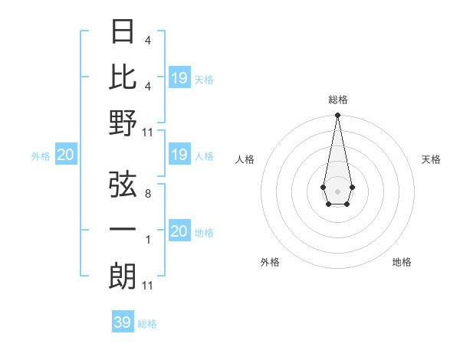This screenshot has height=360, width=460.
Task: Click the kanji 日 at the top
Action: click(x=123, y=31)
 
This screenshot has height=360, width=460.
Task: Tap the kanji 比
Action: click(x=123, y=77)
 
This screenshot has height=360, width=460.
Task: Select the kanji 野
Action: click(x=123, y=123)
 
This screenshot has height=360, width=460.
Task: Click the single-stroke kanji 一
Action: click(x=123, y=231)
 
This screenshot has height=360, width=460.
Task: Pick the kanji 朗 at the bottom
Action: click(x=123, y=276)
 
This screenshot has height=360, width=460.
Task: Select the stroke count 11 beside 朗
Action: click(x=148, y=286)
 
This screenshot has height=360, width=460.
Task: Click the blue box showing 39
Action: click(x=123, y=322)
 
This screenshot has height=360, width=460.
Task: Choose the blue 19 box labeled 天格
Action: click(x=179, y=78)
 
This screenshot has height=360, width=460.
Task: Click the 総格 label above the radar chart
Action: click(x=337, y=100)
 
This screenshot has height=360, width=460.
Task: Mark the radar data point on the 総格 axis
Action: click(x=337, y=116)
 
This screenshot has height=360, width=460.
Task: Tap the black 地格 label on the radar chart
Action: click(x=402, y=262)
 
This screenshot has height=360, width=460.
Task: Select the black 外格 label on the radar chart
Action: click(x=270, y=262)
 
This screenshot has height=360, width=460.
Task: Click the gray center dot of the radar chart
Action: click(x=337, y=190)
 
